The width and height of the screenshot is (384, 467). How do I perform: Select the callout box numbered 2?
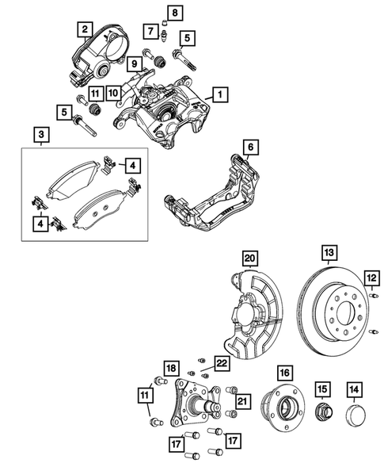click(82, 31)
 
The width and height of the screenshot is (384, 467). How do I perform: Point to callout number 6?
click(249, 147)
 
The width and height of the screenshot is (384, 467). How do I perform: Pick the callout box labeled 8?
click(176, 11)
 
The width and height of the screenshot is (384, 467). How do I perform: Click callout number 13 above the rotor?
click(328, 254)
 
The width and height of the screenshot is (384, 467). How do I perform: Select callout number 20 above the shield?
click(250, 259)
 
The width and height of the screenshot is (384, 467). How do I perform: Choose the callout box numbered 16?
click(285, 371)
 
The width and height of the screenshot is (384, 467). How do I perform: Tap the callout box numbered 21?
click(244, 403)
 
